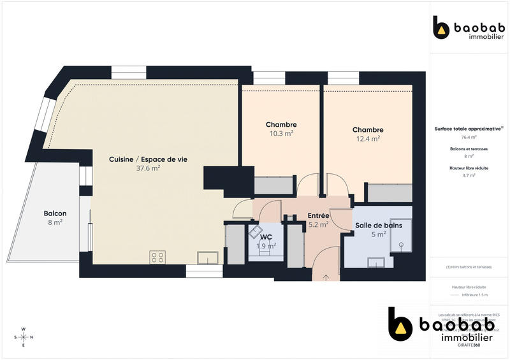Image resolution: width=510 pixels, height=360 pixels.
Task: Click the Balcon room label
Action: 55,213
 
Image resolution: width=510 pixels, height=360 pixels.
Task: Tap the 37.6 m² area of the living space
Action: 148,169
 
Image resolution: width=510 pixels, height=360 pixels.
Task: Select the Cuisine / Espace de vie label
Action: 148,159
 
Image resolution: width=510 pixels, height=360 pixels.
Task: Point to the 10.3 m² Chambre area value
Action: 281,134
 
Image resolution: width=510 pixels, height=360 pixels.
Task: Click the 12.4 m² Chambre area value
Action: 367,138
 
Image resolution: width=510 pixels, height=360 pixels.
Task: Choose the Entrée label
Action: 318,216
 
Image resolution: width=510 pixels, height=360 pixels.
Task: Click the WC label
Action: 266,236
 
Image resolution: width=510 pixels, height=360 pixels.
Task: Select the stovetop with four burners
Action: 157,257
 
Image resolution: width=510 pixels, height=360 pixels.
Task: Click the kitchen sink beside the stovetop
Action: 207,257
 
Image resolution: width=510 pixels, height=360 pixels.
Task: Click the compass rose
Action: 24,336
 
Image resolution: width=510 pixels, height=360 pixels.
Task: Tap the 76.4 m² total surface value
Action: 469,137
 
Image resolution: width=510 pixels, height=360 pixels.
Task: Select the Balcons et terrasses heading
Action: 469,148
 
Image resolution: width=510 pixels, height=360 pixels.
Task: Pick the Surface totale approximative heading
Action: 468,128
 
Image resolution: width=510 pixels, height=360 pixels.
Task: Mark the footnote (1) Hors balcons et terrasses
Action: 469,267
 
